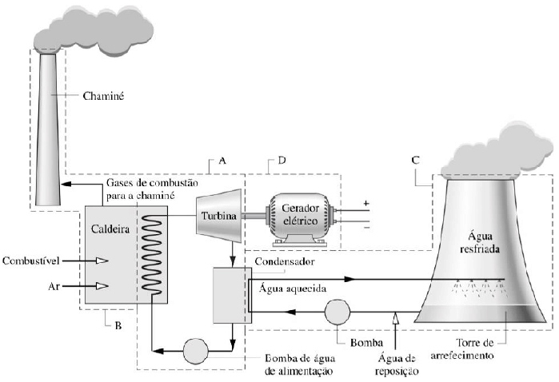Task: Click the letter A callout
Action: (x=222, y=161)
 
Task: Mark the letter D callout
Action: (x=281, y=161)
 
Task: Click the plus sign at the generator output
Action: (x=367, y=203)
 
